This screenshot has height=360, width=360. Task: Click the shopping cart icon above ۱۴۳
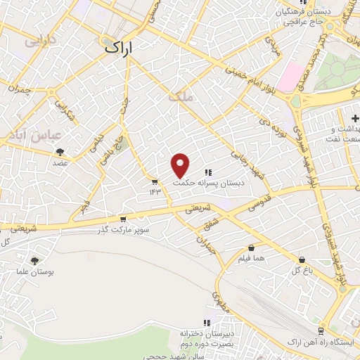click(155, 182)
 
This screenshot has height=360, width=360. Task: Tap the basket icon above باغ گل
click(302, 259)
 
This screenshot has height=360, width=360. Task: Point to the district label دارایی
click(41, 41)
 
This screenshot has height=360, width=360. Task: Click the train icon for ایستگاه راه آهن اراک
click(321, 330)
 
